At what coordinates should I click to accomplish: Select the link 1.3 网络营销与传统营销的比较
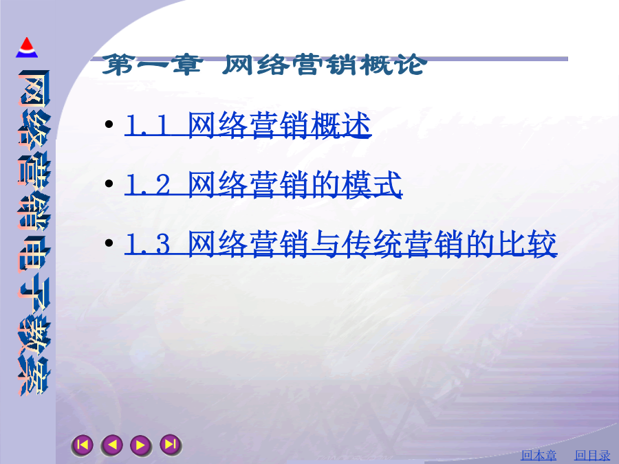click(x=340, y=243)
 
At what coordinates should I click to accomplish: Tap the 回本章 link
click(x=539, y=455)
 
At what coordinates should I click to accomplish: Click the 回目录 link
click(x=592, y=455)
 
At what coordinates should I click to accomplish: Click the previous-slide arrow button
click(x=111, y=445)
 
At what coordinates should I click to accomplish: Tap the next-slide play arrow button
click(x=141, y=445)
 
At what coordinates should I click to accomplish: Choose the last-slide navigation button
click(x=171, y=445)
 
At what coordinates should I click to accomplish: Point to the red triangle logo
click(x=27, y=47)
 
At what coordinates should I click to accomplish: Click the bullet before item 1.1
click(x=109, y=124)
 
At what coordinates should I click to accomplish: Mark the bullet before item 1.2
click(x=109, y=184)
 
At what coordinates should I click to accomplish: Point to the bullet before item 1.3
click(x=109, y=243)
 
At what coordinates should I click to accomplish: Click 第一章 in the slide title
click(x=153, y=65)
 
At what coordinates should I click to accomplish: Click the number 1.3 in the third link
click(x=148, y=244)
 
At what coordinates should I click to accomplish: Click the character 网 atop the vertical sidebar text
click(x=34, y=89)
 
